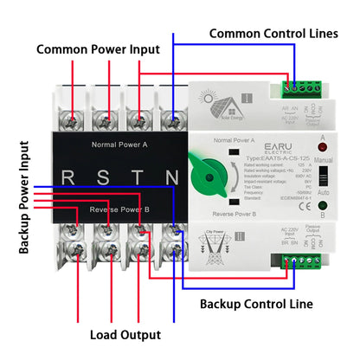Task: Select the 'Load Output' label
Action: click(125, 334)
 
